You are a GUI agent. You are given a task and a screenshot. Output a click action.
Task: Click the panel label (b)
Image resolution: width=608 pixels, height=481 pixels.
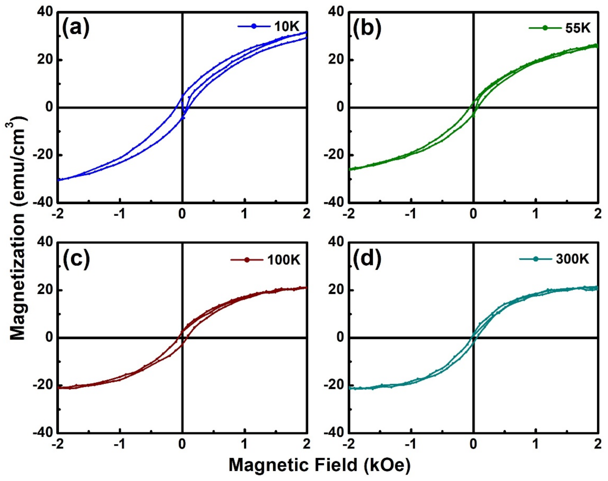coord(367,29)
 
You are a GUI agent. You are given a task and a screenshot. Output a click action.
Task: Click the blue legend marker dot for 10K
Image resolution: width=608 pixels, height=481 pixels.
coord(254,26)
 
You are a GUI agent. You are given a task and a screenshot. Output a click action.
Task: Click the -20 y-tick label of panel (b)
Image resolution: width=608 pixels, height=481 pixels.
coord(334,155)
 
